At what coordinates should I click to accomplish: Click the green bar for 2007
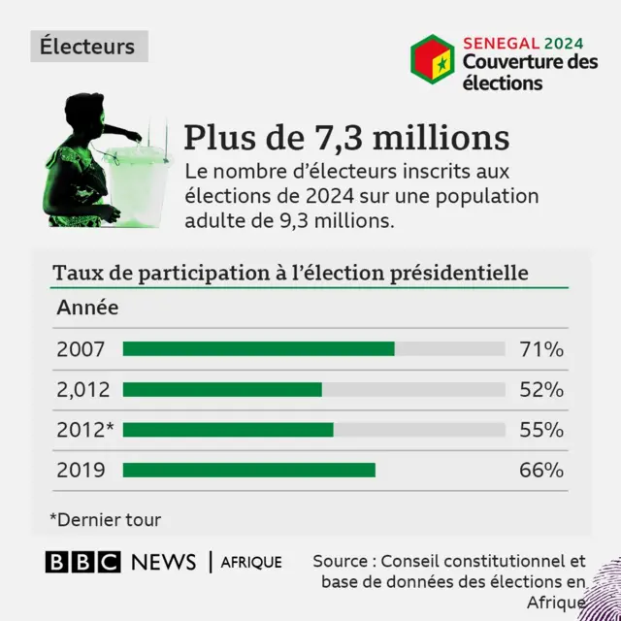click(x=258, y=349)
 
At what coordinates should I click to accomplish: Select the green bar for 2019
click(x=248, y=471)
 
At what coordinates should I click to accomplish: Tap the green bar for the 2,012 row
click(x=222, y=390)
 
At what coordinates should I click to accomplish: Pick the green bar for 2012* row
click(x=228, y=430)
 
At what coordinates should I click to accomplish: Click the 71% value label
click(x=541, y=349)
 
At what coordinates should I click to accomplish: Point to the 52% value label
click(x=541, y=390)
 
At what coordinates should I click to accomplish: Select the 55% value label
click(x=541, y=430)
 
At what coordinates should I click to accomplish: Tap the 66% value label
click(x=541, y=471)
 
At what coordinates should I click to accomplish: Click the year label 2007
click(x=81, y=349)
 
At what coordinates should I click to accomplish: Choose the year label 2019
click(x=81, y=471)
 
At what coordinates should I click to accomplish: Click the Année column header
click(x=87, y=309)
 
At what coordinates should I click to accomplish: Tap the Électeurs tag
click(x=87, y=46)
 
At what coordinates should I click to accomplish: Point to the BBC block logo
click(x=82, y=562)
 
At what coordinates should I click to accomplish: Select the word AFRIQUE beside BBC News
click(x=251, y=562)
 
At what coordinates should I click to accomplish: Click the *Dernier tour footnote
click(x=106, y=520)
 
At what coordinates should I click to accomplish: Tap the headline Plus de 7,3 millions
click(x=346, y=137)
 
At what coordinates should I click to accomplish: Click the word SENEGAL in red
click(x=500, y=43)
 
